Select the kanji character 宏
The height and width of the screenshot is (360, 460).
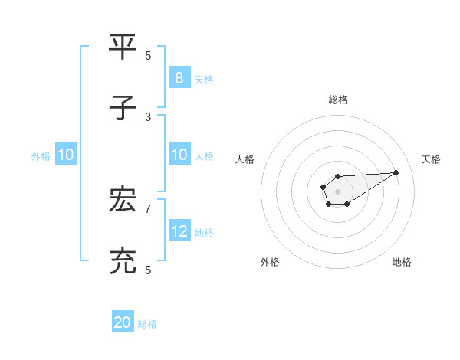[x=123, y=201]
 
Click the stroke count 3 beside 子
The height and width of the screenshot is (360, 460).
[x=148, y=116]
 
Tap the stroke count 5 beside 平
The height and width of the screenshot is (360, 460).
[x=148, y=55]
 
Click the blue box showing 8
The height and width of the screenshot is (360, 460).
[x=179, y=78]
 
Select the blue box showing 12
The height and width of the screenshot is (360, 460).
[x=179, y=231]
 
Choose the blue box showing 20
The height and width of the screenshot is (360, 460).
[x=123, y=322]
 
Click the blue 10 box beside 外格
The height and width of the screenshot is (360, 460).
[x=66, y=155]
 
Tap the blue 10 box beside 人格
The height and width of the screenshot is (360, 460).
[x=179, y=155]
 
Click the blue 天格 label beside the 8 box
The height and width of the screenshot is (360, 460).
[x=204, y=79]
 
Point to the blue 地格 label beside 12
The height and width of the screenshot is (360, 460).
[x=204, y=232]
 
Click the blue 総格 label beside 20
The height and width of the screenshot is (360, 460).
[x=147, y=323]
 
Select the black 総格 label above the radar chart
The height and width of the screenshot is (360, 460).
[x=337, y=100]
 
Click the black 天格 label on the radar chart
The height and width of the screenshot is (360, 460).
[x=431, y=159]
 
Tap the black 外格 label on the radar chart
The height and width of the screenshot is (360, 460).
[x=270, y=262]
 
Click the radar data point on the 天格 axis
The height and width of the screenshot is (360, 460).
[x=396, y=172]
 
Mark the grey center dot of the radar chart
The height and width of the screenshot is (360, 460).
[x=337, y=191]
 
